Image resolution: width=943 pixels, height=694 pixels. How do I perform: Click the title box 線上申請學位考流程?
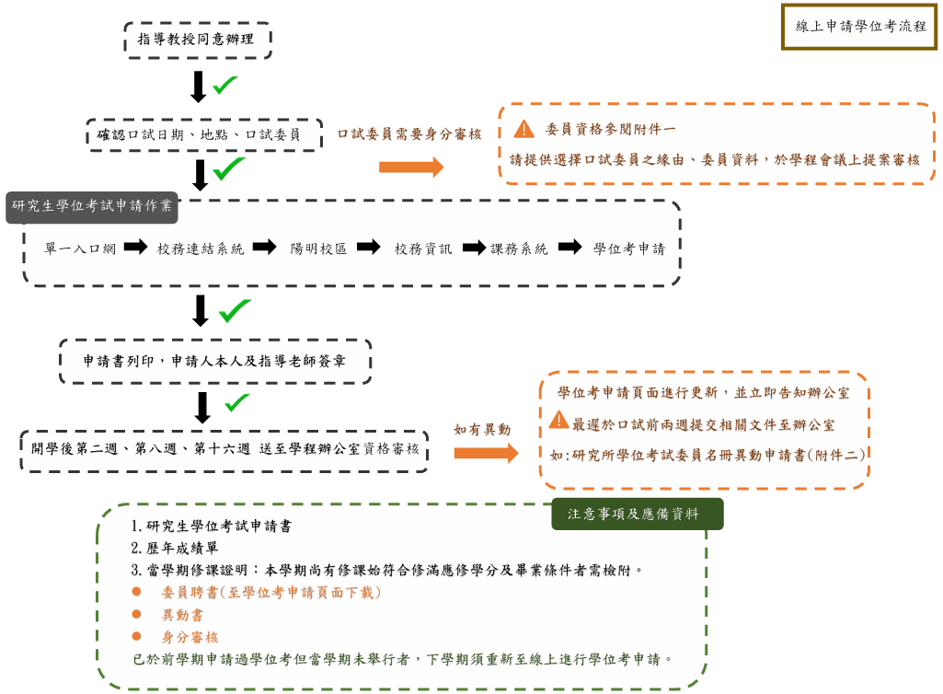859,27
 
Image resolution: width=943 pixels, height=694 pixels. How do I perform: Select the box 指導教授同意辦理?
198,40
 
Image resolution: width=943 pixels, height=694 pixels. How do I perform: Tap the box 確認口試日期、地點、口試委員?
204,134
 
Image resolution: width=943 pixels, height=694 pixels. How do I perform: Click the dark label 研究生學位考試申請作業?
92,206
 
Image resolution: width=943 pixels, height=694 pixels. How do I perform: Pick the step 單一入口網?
79,249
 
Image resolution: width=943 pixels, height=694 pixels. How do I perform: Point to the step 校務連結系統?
201,249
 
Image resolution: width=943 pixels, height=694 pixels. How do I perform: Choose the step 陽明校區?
318,249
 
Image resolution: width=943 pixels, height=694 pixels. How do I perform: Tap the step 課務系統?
520,249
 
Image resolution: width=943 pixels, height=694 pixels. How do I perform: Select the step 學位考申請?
630,249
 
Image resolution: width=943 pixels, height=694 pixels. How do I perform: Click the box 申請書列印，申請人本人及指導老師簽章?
214,361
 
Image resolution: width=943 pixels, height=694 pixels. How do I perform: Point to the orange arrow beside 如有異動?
486,453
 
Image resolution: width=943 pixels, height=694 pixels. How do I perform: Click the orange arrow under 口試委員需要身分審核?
411,167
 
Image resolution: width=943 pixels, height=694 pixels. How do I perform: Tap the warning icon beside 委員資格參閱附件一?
523,129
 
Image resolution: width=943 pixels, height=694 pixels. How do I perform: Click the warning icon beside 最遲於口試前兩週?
558,421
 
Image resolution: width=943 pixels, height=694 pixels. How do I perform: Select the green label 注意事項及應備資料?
638,515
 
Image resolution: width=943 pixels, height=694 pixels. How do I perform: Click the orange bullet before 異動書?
136,615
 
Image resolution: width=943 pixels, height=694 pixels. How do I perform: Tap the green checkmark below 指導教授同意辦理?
225,86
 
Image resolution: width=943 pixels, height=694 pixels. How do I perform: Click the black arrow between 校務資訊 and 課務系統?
474,248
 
